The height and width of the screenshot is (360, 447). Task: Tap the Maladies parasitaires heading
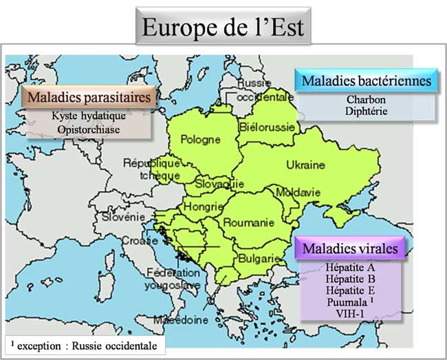pyautogui.click(x=88, y=97)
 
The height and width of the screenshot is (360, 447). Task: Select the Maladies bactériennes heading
pyautogui.click(x=367, y=81)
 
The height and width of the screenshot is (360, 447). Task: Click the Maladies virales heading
pyautogui.click(x=351, y=248)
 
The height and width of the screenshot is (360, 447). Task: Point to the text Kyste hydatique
pyautogui.click(x=87, y=116)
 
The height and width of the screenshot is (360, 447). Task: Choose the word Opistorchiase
pyautogui.click(x=87, y=129)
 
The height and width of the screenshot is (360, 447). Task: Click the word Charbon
pyautogui.click(x=366, y=99)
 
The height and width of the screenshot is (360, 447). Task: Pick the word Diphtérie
pyautogui.click(x=366, y=111)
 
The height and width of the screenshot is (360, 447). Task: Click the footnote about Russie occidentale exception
pyautogui.click(x=83, y=345)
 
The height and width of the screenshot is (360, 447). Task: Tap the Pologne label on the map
pyautogui.click(x=200, y=140)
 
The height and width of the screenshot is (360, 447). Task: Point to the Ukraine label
pyautogui.click(x=305, y=165)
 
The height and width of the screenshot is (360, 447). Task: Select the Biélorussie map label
pyautogui.click(x=268, y=127)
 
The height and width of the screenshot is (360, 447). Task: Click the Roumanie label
pyautogui.click(x=248, y=222)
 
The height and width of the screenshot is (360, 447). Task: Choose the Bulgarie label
pyautogui.click(x=259, y=258)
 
